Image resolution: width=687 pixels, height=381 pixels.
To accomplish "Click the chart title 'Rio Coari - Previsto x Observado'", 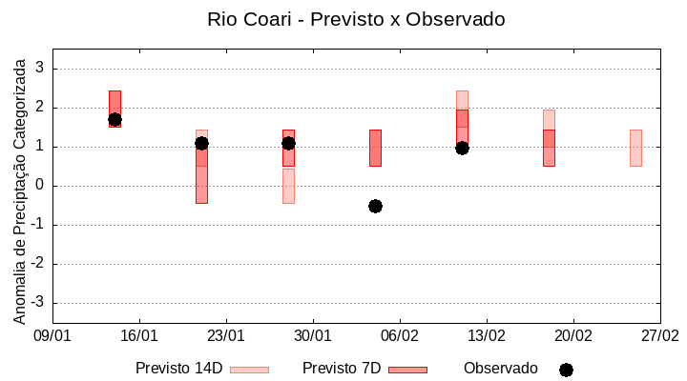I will (356, 19).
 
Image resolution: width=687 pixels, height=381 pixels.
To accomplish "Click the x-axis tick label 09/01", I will (52, 336).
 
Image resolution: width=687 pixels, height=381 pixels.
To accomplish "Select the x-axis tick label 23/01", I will (226, 336).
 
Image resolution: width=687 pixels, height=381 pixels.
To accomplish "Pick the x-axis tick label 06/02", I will (400, 336).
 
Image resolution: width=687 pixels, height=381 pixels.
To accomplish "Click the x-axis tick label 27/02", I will (659, 336).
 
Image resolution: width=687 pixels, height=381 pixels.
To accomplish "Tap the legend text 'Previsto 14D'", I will (178, 369).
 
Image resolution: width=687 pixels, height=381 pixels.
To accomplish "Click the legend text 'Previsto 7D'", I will (342, 369).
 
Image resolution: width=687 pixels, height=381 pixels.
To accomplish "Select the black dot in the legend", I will (566, 370).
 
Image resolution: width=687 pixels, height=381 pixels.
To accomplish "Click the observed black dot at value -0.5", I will (375, 206).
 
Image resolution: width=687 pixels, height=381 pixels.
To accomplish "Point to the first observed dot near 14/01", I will (114, 120).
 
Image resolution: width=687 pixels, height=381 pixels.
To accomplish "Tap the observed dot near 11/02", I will (462, 148).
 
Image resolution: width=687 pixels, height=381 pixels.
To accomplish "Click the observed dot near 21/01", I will (201, 143).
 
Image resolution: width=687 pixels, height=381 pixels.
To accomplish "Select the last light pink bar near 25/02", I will (635, 148).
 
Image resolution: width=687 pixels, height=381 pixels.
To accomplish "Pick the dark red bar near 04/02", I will (375, 148).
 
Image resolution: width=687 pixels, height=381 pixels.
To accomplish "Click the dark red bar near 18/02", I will (549, 148).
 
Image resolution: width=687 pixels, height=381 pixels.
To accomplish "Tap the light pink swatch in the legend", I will (249, 370).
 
